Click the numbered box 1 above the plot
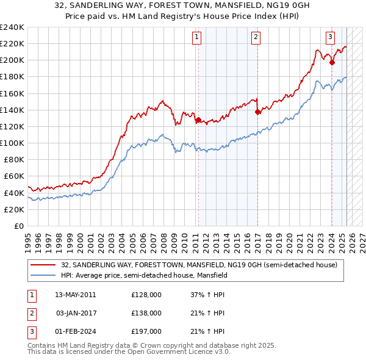tap(198, 37)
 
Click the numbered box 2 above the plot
tap(256, 37)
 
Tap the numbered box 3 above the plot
tap(330, 37)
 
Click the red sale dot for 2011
tap(198, 120)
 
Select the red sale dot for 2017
tap(257, 112)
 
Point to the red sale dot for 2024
tap(332, 62)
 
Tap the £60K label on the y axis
tap(14, 176)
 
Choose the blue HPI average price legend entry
tap(144, 275)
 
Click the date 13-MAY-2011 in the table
tap(75, 295)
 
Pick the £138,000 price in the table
tap(146, 313)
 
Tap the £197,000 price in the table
tap(146, 331)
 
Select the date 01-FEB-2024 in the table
tap(75, 331)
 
